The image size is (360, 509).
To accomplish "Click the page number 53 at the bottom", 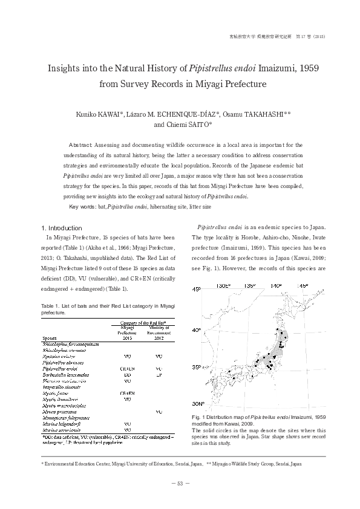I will click(180, 483).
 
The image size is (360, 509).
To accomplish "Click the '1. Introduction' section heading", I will click(61, 228).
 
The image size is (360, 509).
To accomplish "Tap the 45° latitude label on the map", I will click(197, 290).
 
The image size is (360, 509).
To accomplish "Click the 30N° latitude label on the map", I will click(198, 404).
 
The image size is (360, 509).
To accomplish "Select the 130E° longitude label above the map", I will click(224, 285).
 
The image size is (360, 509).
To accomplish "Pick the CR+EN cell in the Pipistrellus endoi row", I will click(127, 368).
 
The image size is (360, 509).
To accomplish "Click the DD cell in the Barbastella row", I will click(127, 375).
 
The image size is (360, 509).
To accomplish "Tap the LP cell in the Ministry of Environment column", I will click(159, 375).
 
